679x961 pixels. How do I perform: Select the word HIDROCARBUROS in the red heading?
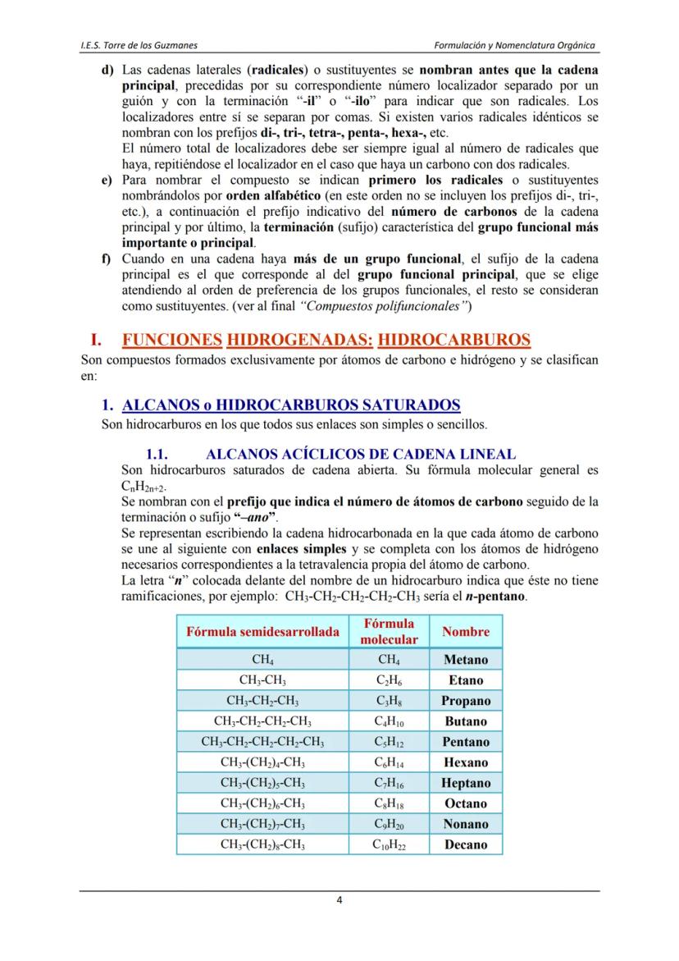tap(454, 340)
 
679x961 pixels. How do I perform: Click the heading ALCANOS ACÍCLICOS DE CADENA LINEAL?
tap(361, 454)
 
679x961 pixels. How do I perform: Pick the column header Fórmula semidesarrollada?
tap(262, 632)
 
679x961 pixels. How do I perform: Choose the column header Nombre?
tap(465, 632)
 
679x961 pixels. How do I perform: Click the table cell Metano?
tap(465, 660)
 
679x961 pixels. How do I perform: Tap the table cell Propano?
tap(465, 701)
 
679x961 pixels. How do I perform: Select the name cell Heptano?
tap(465, 783)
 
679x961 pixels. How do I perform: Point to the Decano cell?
tap(465, 844)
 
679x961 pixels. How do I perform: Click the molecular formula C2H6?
tap(389, 680)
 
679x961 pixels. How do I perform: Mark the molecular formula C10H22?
tap(389, 844)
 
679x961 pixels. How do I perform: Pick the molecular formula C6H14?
tap(389, 762)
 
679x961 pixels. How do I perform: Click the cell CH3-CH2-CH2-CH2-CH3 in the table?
tap(262, 742)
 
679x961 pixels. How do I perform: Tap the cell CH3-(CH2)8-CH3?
tap(262, 844)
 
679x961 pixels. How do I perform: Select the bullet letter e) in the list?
tap(106, 180)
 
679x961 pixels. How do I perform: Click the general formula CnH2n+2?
tap(142, 486)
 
